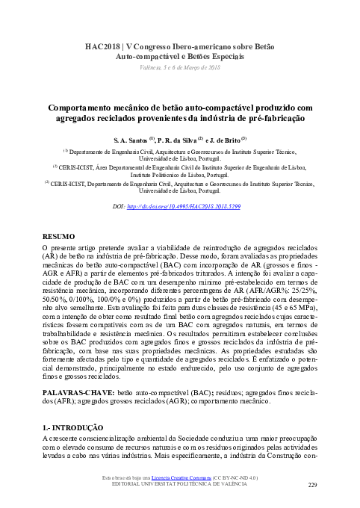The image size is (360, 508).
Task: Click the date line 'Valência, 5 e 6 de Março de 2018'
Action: (x=180, y=67)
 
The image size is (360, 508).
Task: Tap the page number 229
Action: (x=313, y=485)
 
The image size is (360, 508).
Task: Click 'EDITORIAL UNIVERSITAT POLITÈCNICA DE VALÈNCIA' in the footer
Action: (x=180, y=484)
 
